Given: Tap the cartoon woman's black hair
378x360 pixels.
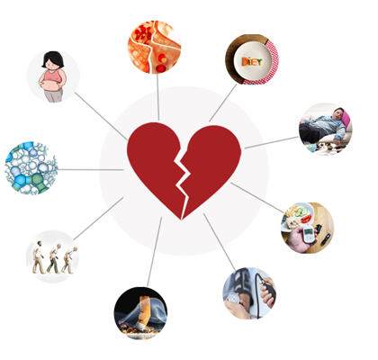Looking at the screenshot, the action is click(53, 58).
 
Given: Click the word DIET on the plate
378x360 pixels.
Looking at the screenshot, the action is click(252, 62).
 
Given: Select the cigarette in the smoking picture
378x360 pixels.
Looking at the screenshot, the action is click(143, 312).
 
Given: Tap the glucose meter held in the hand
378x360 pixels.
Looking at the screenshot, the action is click(308, 234).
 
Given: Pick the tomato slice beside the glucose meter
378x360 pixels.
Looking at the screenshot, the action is click(306, 219).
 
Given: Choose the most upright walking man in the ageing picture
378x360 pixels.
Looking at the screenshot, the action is click(38, 257).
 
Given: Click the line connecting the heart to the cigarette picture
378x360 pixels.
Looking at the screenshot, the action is click(154, 252).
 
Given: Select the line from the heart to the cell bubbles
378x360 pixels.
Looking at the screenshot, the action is click(91, 170).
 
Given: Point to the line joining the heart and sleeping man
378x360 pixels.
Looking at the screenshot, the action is click(272, 142).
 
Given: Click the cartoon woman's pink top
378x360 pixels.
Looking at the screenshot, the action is click(53, 76).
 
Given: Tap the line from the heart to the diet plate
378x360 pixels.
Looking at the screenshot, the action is click(223, 103).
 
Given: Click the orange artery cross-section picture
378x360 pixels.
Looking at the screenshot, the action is click(155, 47).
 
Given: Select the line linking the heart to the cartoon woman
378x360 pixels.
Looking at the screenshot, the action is click(101, 116).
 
